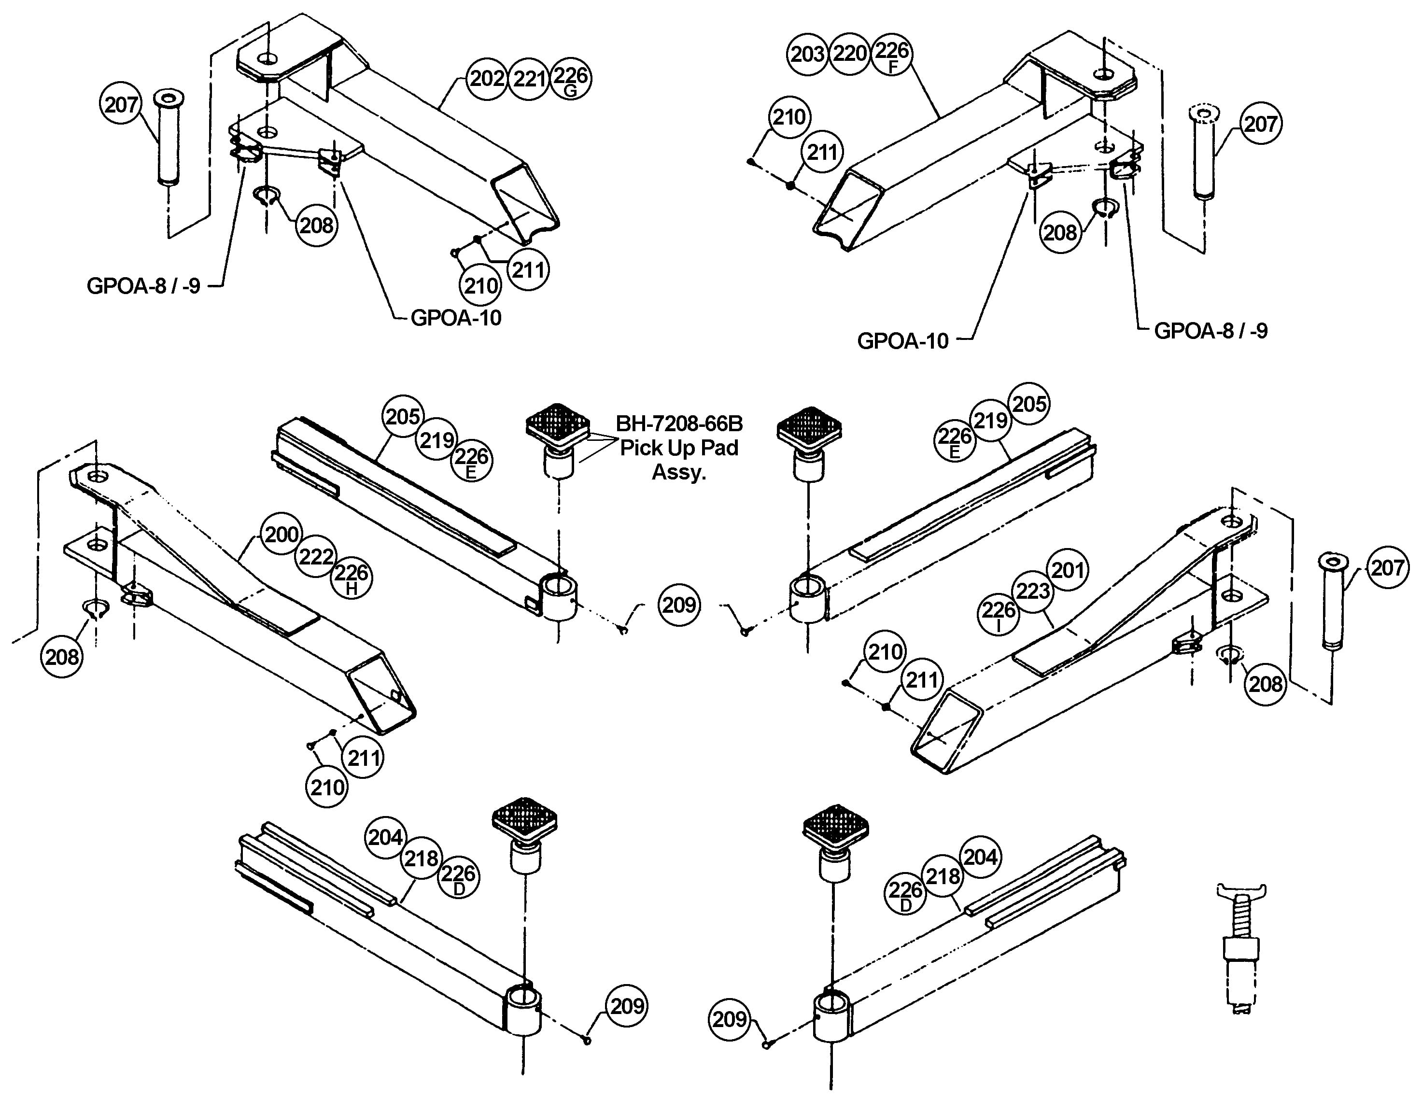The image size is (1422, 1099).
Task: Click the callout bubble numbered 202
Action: [x=487, y=79]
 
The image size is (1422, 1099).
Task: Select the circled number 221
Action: [x=529, y=79]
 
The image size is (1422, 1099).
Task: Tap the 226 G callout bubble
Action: [x=570, y=79]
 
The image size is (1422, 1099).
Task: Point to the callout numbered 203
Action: [x=807, y=54]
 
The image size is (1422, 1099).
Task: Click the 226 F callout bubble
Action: [x=891, y=54]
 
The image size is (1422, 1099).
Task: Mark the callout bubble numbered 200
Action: [x=282, y=535]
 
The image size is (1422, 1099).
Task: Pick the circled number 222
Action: [x=316, y=557]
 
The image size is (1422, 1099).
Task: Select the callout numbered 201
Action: [x=1068, y=570]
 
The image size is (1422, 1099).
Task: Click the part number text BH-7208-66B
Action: [x=678, y=424]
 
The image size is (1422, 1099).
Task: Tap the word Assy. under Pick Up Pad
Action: [x=678, y=472]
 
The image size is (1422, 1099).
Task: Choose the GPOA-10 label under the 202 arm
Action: [x=456, y=318]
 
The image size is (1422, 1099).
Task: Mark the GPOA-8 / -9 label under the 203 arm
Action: [x=1211, y=331]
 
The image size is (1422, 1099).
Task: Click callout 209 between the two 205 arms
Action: [x=679, y=605]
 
